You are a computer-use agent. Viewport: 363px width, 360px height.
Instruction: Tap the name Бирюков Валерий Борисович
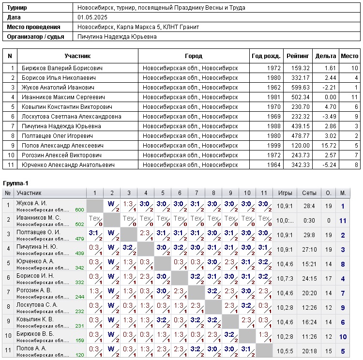click(55, 68)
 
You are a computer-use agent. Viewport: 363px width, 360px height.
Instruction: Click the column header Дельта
click(326, 56)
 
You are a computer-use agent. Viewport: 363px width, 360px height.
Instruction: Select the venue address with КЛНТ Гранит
click(138, 27)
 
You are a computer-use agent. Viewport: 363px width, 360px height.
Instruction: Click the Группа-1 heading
click(16, 183)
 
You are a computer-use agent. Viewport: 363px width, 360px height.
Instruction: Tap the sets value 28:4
click(309, 206)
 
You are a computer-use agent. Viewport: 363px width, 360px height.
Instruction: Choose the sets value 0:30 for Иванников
click(309, 221)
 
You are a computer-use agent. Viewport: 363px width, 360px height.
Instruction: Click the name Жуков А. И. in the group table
click(31, 203)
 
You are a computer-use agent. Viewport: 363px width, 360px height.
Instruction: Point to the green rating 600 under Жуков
click(79, 210)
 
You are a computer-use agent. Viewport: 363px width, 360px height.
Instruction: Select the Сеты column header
click(309, 193)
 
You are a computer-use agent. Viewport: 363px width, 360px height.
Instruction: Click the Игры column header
click(285, 193)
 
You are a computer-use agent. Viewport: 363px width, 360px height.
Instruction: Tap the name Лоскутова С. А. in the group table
click(37, 305)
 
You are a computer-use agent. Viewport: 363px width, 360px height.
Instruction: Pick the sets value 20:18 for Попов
click(309, 351)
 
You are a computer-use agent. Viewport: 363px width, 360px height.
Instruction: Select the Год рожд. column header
click(266, 56)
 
